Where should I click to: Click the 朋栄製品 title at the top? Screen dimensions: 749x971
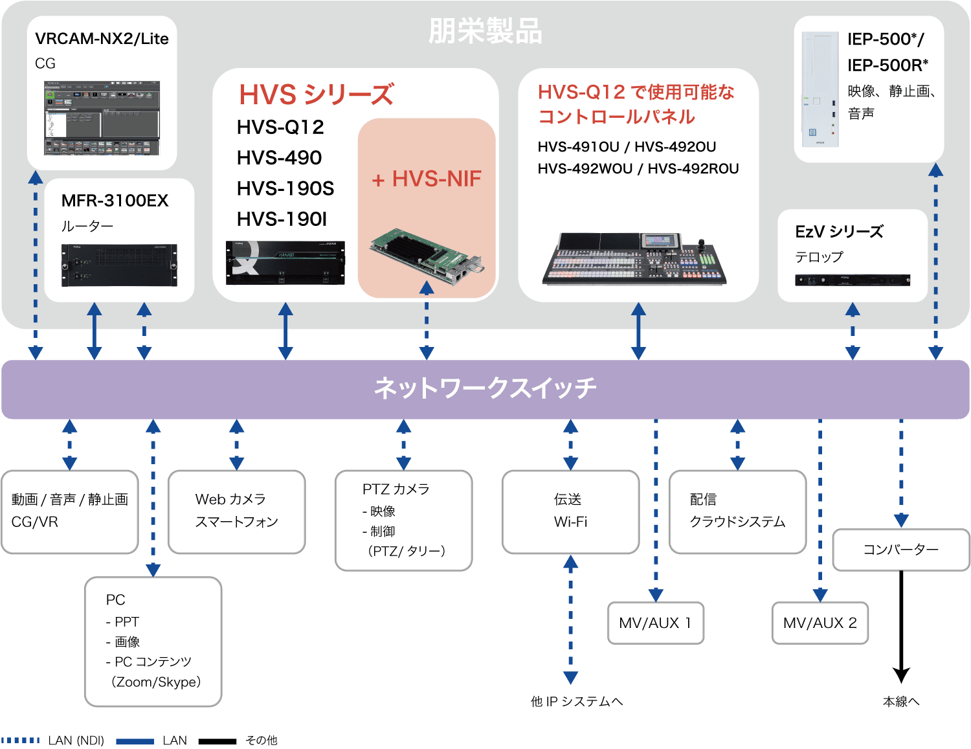pyautogui.click(x=485, y=31)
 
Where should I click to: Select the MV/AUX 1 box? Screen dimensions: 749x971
pyautogui.click(x=655, y=623)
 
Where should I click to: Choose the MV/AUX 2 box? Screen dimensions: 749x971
pyautogui.click(x=820, y=623)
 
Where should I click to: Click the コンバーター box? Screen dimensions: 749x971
pyautogui.click(x=900, y=550)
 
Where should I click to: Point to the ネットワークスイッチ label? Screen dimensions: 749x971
pyautogui.click(x=485, y=388)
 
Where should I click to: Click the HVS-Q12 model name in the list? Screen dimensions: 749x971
pyautogui.click(x=280, y=128)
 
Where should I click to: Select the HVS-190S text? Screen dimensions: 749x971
pyautogui.click(x=285, y=188)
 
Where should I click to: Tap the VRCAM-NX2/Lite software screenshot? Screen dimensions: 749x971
pyautogui.click(x=102, y=118)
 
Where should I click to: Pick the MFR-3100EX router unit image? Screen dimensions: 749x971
pyautogui.click(x=119, y=265)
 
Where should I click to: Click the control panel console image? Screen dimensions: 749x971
pyautogui.click(x=634, y=260)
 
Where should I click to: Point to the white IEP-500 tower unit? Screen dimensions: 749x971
pyautogui.click(x=820, y=89)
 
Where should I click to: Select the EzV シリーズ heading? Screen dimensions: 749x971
pyautogui.click(x=839, y=232)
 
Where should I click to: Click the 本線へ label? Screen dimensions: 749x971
pyautogui.click(x=900, y=702)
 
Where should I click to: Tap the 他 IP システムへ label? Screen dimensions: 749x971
pyautogui.click(x=576, y=702)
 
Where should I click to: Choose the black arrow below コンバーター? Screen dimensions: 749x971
pyautogui.click(x=900, y=628)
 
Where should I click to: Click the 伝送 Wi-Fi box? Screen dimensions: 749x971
pyautogui.click(x=570, y=511)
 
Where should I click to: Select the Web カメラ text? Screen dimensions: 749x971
pyautogui.click(x=230, y=499)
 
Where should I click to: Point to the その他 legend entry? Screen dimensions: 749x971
pyautogui.click(x=262, y=740)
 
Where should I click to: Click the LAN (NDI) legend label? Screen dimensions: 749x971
pyautogui.click(x=76, y=741)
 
